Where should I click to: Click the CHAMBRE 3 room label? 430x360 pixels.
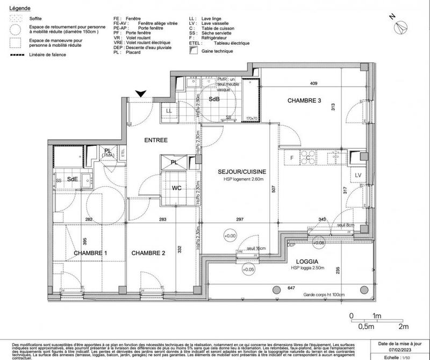(x=304, y=101)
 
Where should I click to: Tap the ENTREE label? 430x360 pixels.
(x=156, y=140)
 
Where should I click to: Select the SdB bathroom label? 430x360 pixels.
(x=214, y=100)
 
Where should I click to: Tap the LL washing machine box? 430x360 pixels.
(x=169, y=111)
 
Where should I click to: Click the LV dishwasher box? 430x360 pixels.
(x=357, y=175)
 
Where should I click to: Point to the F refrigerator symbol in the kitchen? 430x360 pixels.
(x=292, y=158)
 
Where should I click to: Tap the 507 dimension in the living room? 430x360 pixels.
(x=274, y=188)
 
